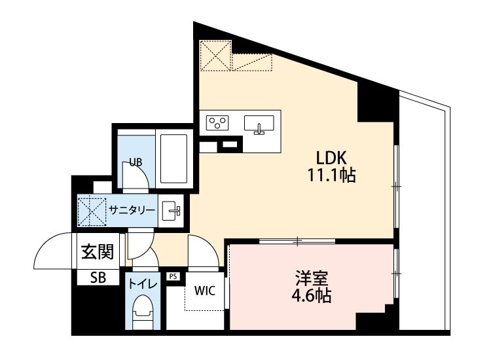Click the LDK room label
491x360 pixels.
(331, 158)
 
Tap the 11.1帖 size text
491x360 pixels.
(332, 175)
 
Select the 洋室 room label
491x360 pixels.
(312, 278)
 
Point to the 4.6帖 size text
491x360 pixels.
(312, 295)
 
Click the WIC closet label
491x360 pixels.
(205, 291)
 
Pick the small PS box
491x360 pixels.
(173, 276)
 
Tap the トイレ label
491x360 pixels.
(143, 284)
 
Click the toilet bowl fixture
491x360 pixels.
(143, 312)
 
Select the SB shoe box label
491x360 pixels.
(98, 278)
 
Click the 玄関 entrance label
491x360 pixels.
(98, 252)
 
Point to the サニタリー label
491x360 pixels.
(132, 209)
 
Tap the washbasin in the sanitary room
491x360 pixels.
(172, 210)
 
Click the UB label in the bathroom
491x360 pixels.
(136, 162)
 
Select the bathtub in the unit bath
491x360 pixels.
(173, 158)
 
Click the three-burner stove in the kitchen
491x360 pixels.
(217, 122)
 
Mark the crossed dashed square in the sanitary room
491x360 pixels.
(91, 211)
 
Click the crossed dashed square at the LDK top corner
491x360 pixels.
(215, 56)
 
